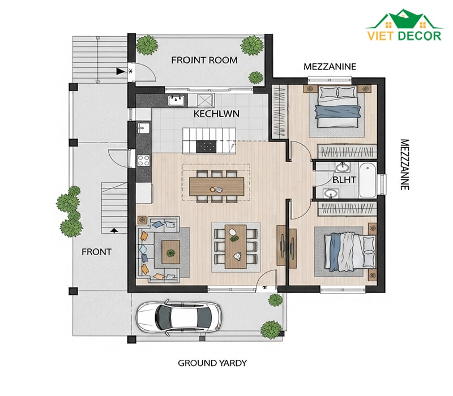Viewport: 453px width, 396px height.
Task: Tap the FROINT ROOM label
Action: (204, 61)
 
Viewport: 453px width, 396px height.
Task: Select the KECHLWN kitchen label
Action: (216, 114)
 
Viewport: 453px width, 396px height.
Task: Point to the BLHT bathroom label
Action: (344, 180)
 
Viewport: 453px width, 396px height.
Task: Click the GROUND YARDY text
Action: (212, 363)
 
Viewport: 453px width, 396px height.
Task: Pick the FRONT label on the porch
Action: (96, 252)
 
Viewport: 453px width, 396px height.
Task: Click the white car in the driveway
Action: (179, 317)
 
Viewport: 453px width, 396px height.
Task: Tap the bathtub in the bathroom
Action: (367, 180)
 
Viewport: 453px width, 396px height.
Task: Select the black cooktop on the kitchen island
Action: (206, 147)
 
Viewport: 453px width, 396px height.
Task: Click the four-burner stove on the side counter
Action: (144, 161)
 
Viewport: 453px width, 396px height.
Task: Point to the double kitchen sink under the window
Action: (177, 100)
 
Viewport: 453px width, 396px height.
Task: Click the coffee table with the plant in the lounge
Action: (171, 252)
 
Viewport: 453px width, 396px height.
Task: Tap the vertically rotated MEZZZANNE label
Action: (405, 165)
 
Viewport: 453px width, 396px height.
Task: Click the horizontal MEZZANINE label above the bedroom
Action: (330, 67)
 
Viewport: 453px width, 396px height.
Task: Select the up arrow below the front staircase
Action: (114, 230)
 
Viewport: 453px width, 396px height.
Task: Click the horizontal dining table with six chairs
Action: (217, 186)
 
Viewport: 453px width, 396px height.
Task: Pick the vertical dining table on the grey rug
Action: (236, 247)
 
